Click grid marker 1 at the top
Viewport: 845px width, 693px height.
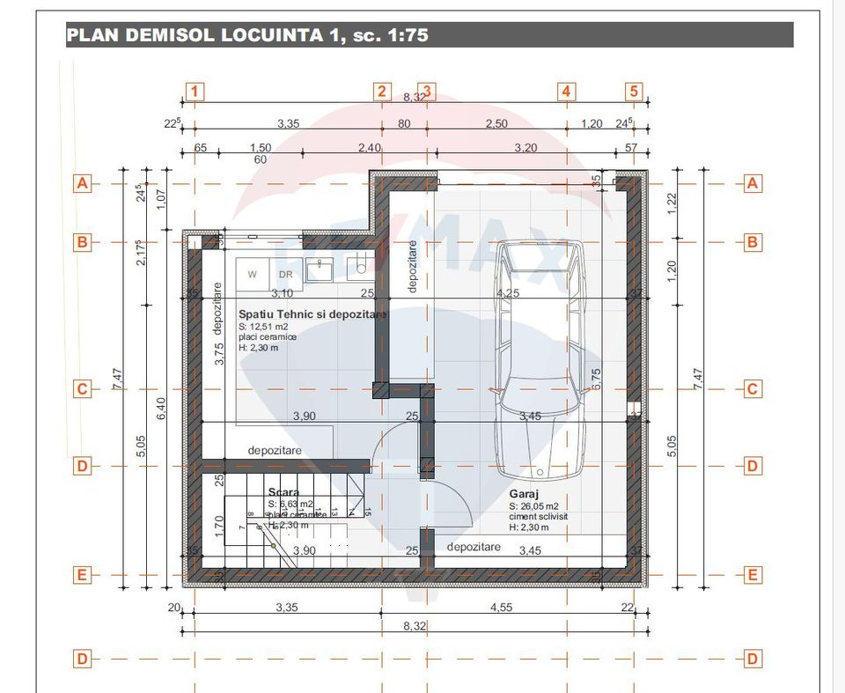coord(195,91)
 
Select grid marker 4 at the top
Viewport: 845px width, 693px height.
coord(566,91)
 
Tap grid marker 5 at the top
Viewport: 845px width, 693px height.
coord(635,91)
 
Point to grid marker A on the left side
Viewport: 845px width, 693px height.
coord(82,183)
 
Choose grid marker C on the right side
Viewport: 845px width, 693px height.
coord(753,388)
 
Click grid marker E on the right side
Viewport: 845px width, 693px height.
coord(753,575)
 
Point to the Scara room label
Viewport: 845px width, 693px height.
coord(283,492)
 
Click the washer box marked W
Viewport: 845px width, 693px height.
coord(252,274)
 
